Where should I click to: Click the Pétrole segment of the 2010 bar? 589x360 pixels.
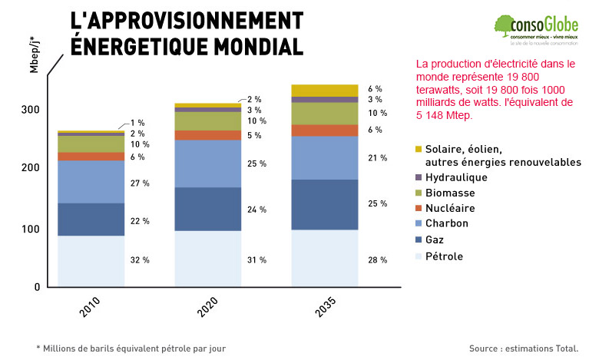click(x=91, y=261)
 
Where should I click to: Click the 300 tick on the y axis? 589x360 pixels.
click(x=30, y=110)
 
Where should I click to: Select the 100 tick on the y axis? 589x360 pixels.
click(x=30, y=230)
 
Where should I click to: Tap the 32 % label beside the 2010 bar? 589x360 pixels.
click(x=140, y=260)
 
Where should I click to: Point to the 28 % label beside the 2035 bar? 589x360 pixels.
click(x=377, y=260)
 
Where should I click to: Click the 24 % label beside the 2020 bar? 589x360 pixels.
click(x=256, y=210)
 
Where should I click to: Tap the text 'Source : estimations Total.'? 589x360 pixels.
click(x=523, y=348)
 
